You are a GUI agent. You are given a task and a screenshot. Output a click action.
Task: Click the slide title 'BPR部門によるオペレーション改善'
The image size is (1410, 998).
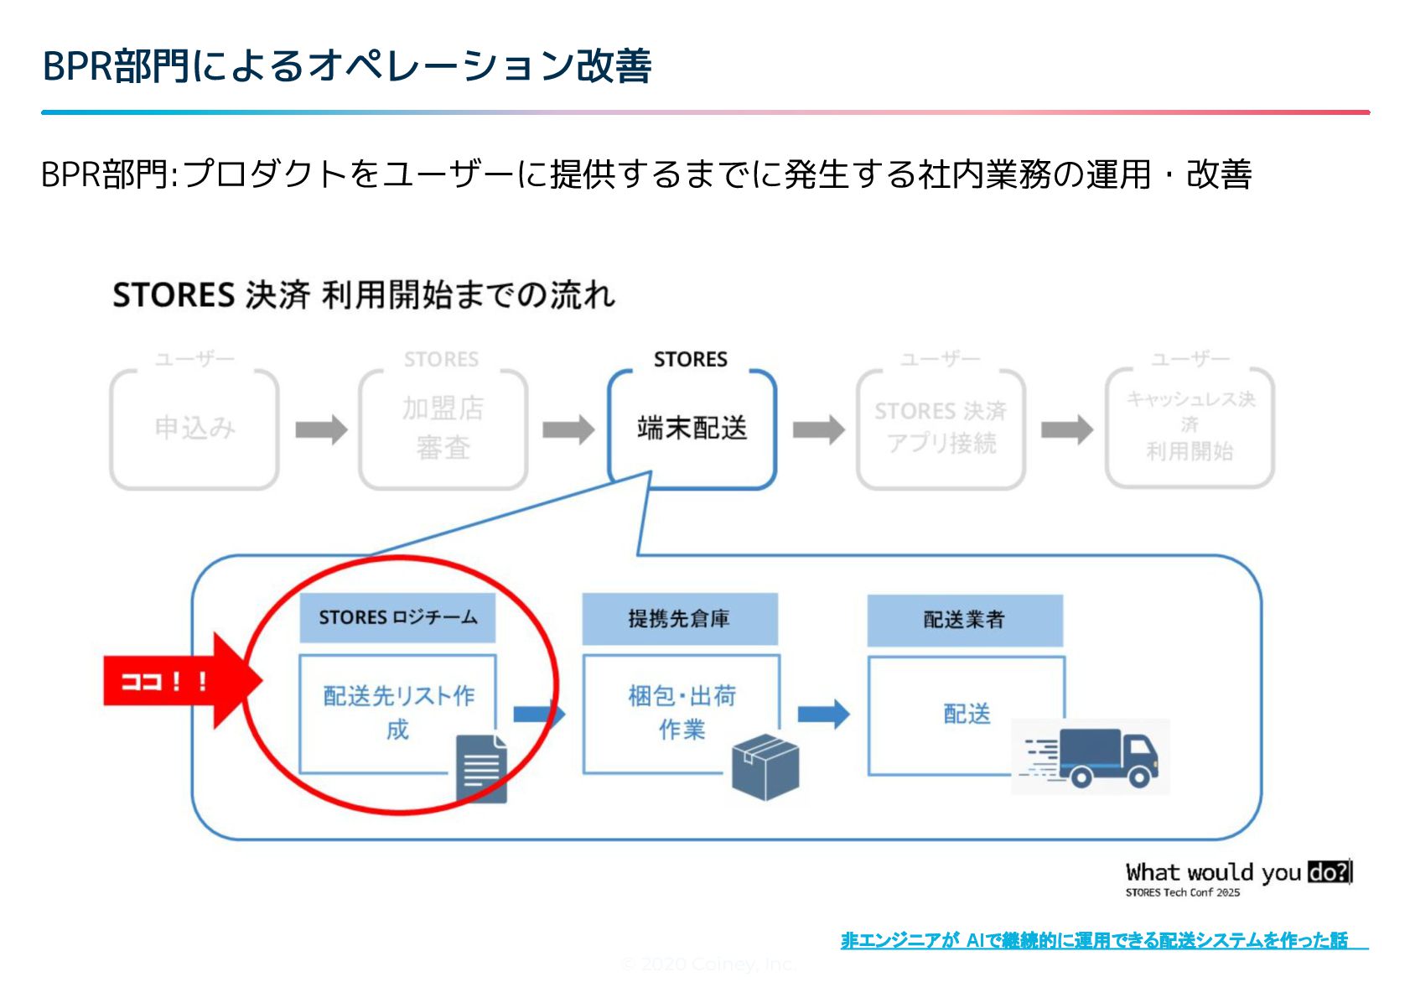[x=346, y=65]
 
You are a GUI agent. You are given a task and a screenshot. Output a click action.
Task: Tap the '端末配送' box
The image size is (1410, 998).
[x=692, y=429]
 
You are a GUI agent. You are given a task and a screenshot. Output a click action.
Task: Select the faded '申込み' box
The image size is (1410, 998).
[x=194, y=429]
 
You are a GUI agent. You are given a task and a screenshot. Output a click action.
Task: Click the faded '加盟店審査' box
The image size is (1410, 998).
[x=443, y=429]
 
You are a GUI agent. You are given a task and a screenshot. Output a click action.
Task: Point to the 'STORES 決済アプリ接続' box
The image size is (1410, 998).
[x=941, y=429]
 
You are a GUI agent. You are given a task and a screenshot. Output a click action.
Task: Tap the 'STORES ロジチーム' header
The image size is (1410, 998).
[x=397, y=618]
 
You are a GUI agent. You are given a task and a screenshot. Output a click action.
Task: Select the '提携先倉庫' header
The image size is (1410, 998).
[x=679, y=619]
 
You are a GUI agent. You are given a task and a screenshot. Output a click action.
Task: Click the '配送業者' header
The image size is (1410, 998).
[x=964, y=620]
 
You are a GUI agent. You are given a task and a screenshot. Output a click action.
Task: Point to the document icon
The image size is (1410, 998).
[x=482, y=768]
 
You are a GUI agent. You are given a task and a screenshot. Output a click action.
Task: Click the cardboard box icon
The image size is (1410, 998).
[x=765, y=767]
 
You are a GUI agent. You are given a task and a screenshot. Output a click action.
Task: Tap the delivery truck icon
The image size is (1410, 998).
[x=1098, y=758]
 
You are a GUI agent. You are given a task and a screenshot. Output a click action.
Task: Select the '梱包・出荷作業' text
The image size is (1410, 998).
[x=682, y=712]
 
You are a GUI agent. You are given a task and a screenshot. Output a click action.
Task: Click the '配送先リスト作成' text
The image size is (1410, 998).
[x=398, y=712]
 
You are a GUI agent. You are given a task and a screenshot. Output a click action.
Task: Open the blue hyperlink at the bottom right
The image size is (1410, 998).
[x=1094, y=940]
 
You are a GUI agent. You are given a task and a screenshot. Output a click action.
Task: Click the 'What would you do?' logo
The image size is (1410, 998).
[x=1238, y=878]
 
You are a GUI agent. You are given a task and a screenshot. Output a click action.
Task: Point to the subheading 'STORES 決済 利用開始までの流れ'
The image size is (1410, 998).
[x=364, y=295]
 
